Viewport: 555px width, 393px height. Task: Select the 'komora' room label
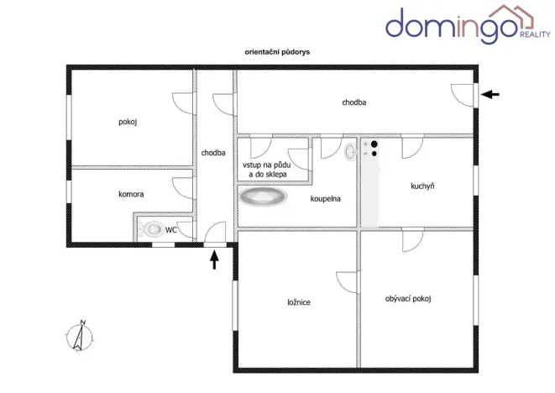(x=131, y=194)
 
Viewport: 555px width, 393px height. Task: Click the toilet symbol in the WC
(x=152, y=228)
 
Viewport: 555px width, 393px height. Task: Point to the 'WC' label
(x=170, y=228)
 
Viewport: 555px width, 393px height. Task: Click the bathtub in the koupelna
(x=263, y=197)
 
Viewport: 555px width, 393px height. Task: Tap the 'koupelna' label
(x=324, y=199)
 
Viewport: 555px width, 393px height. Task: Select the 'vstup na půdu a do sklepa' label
(x=268, y=169)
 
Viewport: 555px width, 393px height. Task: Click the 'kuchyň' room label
(x=422, y=186)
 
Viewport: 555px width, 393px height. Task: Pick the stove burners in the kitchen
(x=374, y=149)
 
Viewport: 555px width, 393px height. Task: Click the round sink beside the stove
(x=350, y=151)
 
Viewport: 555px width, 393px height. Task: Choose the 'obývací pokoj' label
(x=413, y=298)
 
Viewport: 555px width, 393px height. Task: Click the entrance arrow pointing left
(x=490, y=95)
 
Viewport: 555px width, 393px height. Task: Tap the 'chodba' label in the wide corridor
(x=353, y=103)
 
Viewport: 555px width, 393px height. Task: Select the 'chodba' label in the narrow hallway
(x=212, y=153)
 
